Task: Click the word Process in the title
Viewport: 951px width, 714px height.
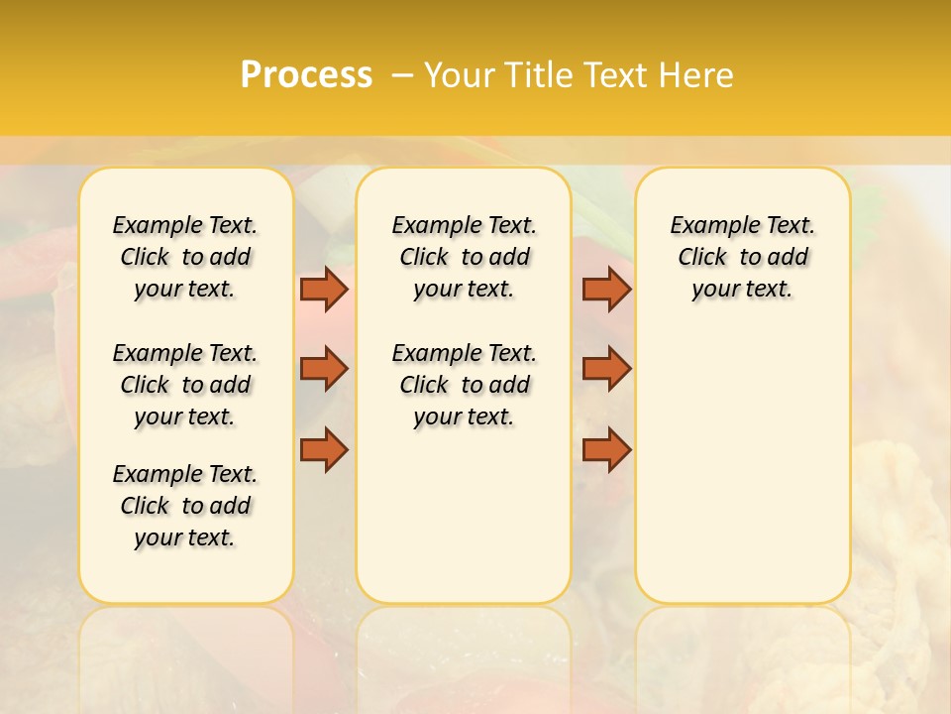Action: coord(306,75)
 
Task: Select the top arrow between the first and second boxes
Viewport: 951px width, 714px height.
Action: coord(324,289)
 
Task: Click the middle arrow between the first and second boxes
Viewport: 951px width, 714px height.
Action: coord(324,369)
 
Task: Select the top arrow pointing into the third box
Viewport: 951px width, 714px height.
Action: coord(607,289)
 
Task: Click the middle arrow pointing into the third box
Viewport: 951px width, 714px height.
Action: coord(607,369)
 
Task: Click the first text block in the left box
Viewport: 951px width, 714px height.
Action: coord(185,257)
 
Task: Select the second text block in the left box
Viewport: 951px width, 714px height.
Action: coord(185,385)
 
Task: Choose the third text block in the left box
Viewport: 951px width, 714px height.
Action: coord(185,506)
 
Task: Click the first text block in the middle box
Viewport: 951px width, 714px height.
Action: coord(464,257)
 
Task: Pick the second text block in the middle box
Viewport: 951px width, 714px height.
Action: coord(464,385)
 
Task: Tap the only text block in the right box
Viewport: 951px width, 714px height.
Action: coord(742,257)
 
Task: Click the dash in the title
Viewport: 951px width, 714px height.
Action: coord(401,75)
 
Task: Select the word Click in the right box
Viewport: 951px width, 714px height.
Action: coord(702,257)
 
